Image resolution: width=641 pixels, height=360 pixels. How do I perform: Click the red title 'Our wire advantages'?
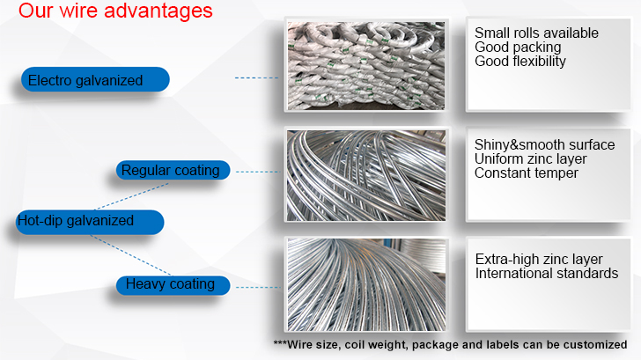(115, 11)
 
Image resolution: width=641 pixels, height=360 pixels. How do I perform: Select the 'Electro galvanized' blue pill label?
(95, 79)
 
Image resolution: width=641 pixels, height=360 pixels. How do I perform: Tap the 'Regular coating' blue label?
(173, 170)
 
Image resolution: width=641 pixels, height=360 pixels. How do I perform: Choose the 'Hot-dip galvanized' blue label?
(90, 222)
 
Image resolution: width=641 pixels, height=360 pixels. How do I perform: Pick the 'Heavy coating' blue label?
(173, 285)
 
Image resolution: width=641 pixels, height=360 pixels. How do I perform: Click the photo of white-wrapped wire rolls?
(366, 66)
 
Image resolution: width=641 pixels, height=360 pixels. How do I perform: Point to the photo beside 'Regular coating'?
(366, 176)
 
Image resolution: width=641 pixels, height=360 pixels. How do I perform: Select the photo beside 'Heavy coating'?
(366, 285)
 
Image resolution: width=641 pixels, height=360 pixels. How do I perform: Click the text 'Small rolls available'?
(536, 33)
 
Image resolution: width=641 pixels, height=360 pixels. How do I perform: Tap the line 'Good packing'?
(518, 47)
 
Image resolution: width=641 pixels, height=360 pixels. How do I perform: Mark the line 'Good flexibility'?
(520, 62)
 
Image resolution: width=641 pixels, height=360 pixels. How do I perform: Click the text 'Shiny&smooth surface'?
(544, 144)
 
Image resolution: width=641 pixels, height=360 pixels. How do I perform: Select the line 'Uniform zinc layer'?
(530, 158)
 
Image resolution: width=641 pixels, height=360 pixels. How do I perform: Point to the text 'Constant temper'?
(527, 173)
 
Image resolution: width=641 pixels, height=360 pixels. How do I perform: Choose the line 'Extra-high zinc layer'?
(539, 259)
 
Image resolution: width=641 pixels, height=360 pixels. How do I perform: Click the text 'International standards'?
(547, 273)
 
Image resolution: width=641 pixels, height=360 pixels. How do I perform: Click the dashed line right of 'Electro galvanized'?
(257, 77)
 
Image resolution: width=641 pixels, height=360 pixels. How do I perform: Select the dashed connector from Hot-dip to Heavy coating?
(131, 255)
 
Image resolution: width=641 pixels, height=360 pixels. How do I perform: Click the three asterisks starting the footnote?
(280, 343)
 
